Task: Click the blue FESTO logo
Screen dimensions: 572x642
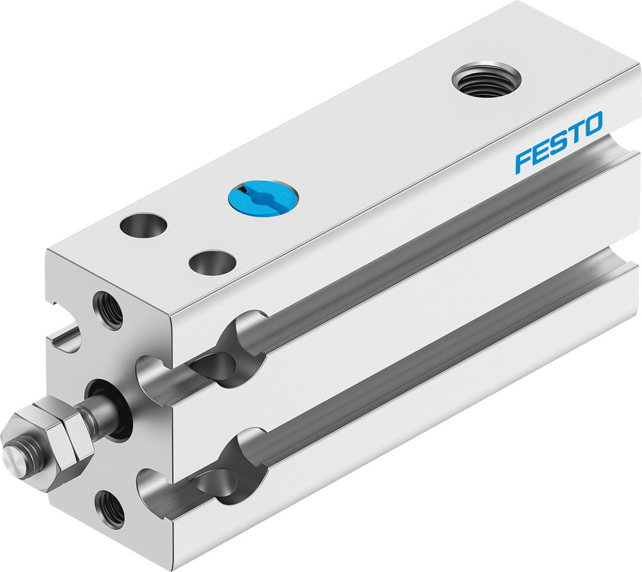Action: pos(559,142)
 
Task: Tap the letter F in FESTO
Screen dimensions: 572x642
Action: pos(523,161)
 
